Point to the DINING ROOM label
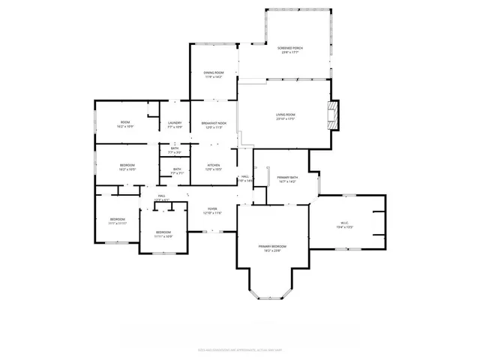point(214,72)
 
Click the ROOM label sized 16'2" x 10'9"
point(125,122)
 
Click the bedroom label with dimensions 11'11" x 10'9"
point(163,232)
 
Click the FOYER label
point(213,209)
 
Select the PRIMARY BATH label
point(287,176)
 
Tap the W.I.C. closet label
point(343,223)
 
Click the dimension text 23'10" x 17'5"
point(286,118)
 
